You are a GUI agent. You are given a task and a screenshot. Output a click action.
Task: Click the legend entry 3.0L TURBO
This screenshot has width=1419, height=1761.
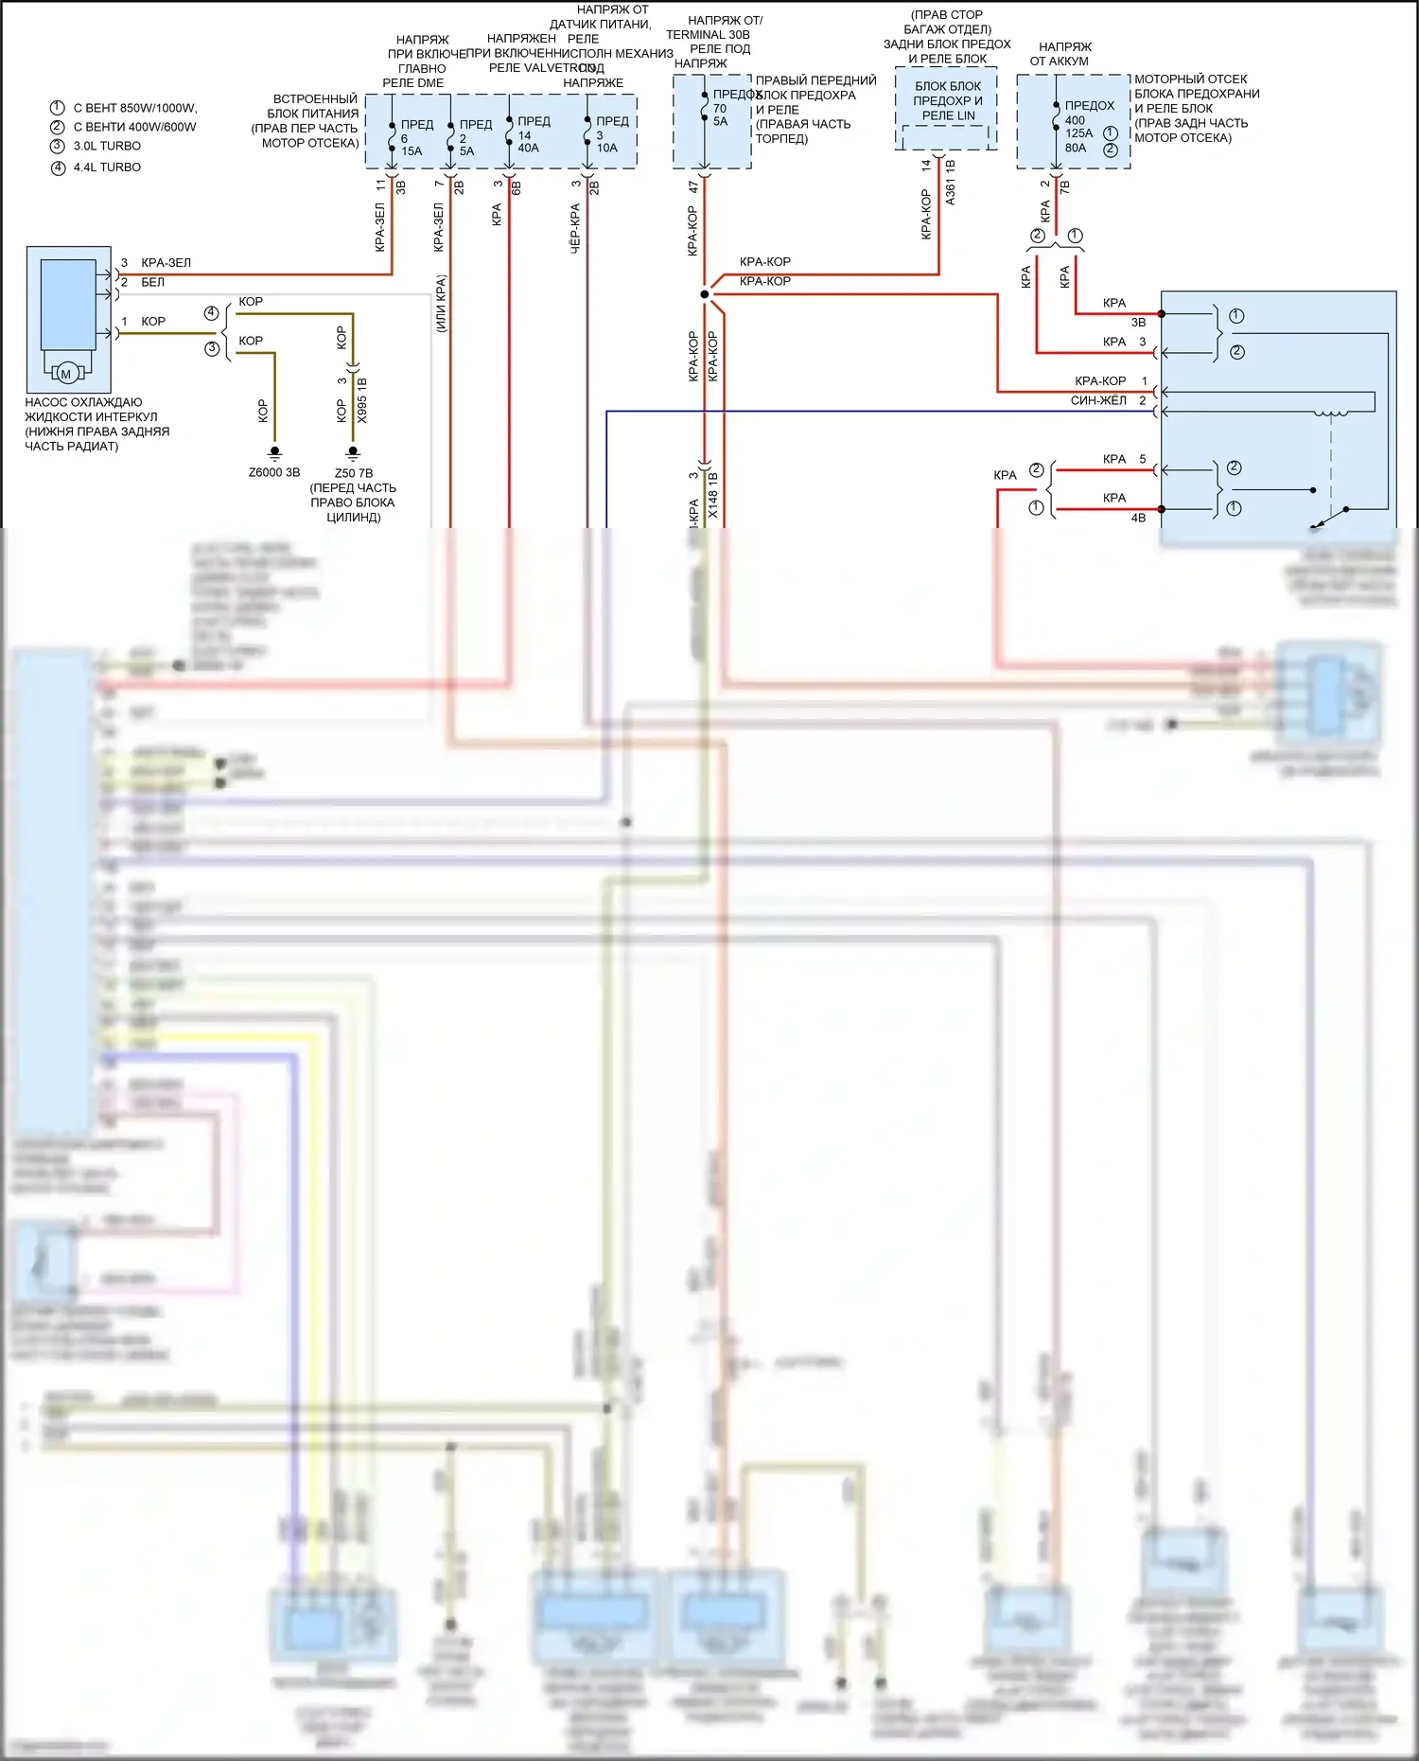[x=107, y=147]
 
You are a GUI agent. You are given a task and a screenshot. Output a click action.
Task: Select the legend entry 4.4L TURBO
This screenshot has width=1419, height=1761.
[x=107, y=167]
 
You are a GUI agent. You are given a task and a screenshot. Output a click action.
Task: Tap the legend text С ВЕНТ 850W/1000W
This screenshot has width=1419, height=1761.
[x=134, y=108]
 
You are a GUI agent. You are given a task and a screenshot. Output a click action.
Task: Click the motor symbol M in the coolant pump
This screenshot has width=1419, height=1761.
[x=66, y=374]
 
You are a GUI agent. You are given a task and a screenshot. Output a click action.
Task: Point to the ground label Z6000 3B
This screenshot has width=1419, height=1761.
[x=274, y=472]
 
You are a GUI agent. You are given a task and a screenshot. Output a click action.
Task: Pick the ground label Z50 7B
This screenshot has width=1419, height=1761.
[x=354, y=473]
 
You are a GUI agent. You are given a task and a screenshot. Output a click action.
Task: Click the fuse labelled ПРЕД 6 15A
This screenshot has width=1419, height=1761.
[x=412, y=137]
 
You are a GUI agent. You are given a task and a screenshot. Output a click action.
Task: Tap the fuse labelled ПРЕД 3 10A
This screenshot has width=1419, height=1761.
[x=608, y=134]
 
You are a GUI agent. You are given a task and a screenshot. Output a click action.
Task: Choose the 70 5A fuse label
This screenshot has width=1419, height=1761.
[x=721, y=114]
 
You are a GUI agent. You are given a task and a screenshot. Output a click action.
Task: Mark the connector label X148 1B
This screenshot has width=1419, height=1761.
[x=713, y=495]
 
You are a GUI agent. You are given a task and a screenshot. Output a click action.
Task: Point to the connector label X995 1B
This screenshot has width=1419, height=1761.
[x=362, y=399]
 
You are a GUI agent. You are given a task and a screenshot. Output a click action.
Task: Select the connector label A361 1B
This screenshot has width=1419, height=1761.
[x=951, y=182]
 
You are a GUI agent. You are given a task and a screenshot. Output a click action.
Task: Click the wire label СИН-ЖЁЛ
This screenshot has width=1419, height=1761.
[x=1098, y=401]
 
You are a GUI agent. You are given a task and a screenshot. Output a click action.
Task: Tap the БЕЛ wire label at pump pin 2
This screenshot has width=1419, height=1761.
[x=152, y=282]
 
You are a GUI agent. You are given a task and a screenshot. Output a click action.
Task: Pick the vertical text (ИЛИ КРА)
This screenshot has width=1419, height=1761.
[x=441, y=303]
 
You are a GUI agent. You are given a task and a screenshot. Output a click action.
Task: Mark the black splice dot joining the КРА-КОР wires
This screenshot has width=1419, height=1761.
[x=705, y=294]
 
